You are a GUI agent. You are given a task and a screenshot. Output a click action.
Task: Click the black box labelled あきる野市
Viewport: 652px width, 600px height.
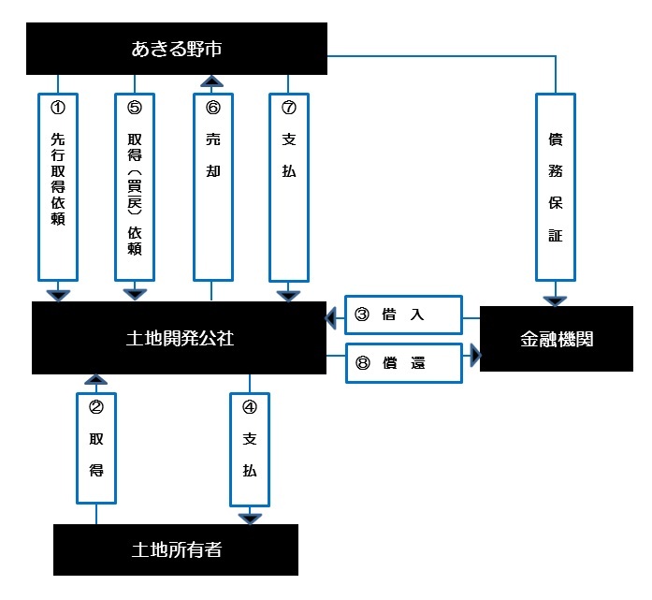click(176, 49)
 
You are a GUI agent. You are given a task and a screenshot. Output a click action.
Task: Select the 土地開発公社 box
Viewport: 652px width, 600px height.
click(180, 338)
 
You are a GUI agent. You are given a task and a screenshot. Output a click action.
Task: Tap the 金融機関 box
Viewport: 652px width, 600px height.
click(556, 339)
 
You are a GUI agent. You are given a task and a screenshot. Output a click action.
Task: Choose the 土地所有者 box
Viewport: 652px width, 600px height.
click(176, 549)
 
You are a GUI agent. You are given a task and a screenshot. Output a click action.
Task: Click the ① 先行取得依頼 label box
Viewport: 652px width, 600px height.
click(59, 185)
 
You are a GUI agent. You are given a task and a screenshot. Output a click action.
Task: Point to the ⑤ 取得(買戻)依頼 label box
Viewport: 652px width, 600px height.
click(135, 185)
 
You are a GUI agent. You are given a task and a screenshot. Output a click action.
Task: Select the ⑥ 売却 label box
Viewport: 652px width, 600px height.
click(211, 185)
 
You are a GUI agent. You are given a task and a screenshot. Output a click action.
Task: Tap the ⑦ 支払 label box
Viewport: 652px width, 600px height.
click(288, 185)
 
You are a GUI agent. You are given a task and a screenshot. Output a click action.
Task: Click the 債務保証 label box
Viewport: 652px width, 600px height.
click(556, 185)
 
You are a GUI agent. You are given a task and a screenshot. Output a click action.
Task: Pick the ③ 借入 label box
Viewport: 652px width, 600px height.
click(403, 315)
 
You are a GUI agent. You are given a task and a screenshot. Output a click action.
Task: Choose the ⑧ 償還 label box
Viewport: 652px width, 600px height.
click(403, 363)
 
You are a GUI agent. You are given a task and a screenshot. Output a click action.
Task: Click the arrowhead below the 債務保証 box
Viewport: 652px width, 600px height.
click(556, 300)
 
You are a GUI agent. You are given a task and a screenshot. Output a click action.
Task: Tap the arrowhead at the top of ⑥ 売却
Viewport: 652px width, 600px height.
click(211, 80)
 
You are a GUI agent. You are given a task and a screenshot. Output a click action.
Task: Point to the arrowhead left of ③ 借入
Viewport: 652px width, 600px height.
click(330, 319)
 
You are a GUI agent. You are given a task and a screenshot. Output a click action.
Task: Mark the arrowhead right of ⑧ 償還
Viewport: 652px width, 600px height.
click(474, 355)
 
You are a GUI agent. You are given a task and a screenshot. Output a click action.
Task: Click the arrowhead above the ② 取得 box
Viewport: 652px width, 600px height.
click(95, 379)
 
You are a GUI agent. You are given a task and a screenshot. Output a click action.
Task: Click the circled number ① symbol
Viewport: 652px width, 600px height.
click(58, 108)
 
